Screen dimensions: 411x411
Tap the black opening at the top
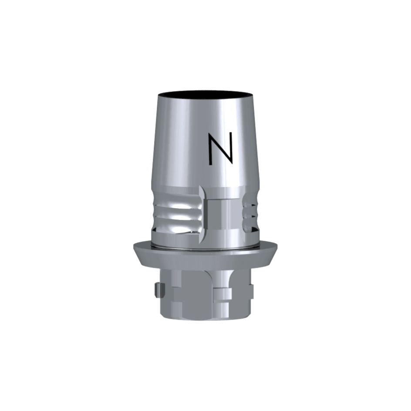(x=205, y=95)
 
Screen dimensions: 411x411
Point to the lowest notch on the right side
(x=249, y=226)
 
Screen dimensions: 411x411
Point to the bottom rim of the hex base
(x=205, y=324)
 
